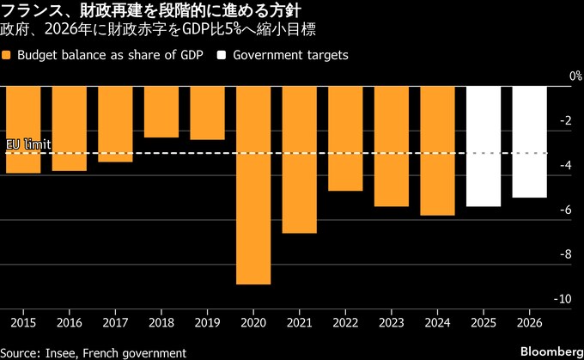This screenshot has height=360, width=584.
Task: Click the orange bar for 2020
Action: point(253,185)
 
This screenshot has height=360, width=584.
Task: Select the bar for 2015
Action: point(23,130)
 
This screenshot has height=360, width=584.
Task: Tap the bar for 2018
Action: point(161,112)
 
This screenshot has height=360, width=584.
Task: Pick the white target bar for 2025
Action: point(484,146)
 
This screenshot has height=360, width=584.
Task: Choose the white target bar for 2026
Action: point(529,142)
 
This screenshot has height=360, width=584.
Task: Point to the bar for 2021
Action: point(300,160)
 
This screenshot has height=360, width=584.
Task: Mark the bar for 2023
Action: point(392,146)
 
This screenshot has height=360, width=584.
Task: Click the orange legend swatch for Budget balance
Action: point(8,55)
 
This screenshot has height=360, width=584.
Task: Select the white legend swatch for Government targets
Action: point(222,55)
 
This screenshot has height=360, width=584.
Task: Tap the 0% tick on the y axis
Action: point(563,77)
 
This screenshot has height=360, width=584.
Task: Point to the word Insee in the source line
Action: point(60,352)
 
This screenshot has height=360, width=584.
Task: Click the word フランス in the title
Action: point(31,11)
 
